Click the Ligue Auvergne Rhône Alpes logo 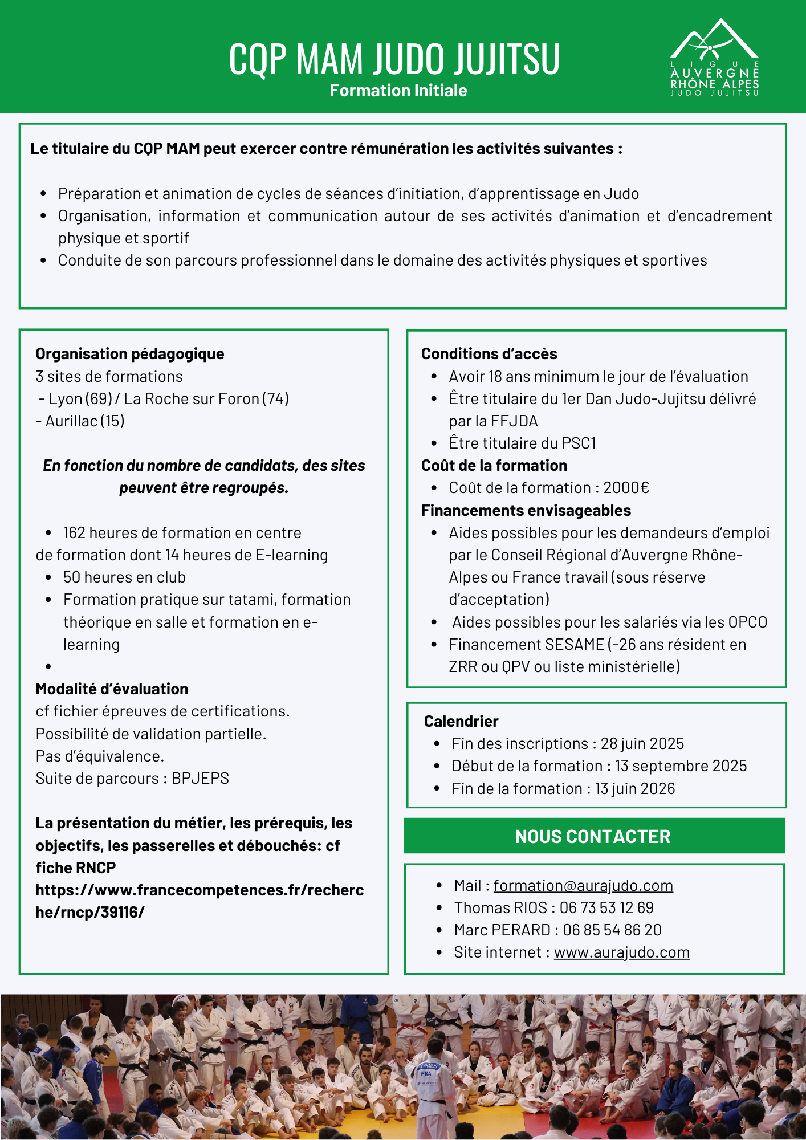pos(714,57)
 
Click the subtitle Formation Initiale pos(398,91)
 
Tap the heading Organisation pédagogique pos(129,354)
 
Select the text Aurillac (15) pos(80,421)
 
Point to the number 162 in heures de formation pos(74,533)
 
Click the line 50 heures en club pos(124,577)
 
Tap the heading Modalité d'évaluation pos(112,689)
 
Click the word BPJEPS pos(200,779)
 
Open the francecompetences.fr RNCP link pos(199,901)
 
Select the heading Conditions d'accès pos(489,354)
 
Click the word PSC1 pos(579,443)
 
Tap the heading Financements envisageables pos(526,511)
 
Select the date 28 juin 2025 pos(642,744)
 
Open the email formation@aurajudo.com pos(583,886)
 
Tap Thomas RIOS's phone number pos(606,908)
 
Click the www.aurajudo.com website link pos(621,952)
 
